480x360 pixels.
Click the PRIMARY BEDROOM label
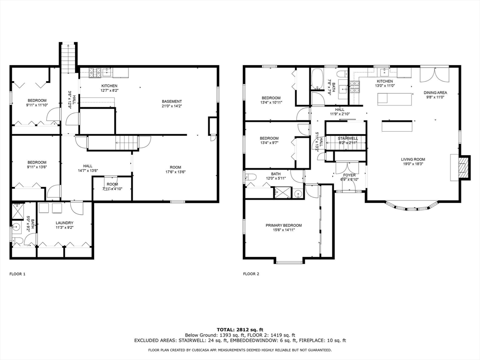(x=284, y=225)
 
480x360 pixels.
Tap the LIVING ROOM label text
(x=413, y=159)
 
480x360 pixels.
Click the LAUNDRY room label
(x=64, y=223)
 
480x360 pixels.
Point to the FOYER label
(x=349, y=175)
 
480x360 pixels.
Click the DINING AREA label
(x=435, y=92)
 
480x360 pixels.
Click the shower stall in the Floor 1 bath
(x=17, y=210)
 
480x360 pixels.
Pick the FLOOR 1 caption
(x=17, y=274)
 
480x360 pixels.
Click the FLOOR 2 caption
(x=251, y=274)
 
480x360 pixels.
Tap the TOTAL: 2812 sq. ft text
(x=240, y=330)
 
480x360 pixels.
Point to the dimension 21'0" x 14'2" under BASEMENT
(x=172, y=106)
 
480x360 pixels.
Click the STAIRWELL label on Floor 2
(x=348, y=138)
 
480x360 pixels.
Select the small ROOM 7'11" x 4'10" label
(x=112, y=187)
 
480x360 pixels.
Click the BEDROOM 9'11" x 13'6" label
(x=37, y=165)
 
